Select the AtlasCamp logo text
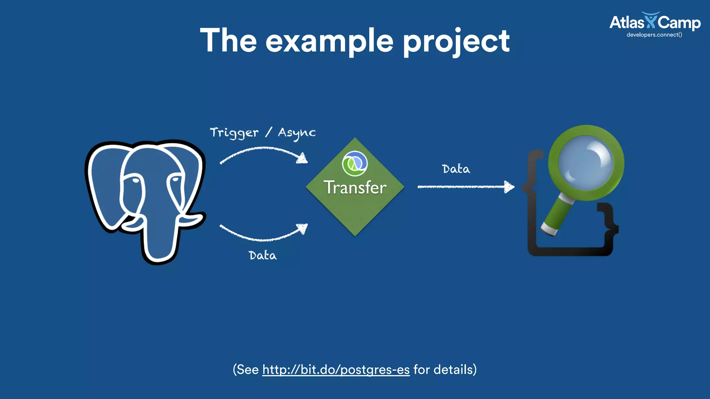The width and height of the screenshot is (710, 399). click(655, 23)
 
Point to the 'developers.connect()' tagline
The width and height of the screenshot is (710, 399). click(654, 35)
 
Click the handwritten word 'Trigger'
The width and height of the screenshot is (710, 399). click(234, 133)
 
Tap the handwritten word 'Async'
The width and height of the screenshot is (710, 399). click(297, 133)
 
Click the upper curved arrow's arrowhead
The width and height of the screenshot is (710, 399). click(302, 158)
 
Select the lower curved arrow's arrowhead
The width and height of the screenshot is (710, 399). click(302, 228)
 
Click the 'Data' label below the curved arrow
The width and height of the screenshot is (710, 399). click(263, 256)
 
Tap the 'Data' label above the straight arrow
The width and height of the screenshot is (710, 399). click(456, 169)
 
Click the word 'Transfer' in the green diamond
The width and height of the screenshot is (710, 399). click(355, 187)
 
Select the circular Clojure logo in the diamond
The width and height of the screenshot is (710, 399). click(355, 163)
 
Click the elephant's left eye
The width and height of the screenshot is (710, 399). click(136, 180)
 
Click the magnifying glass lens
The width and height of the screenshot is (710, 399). click(586, 162)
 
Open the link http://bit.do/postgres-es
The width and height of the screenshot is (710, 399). click(336, 370)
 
